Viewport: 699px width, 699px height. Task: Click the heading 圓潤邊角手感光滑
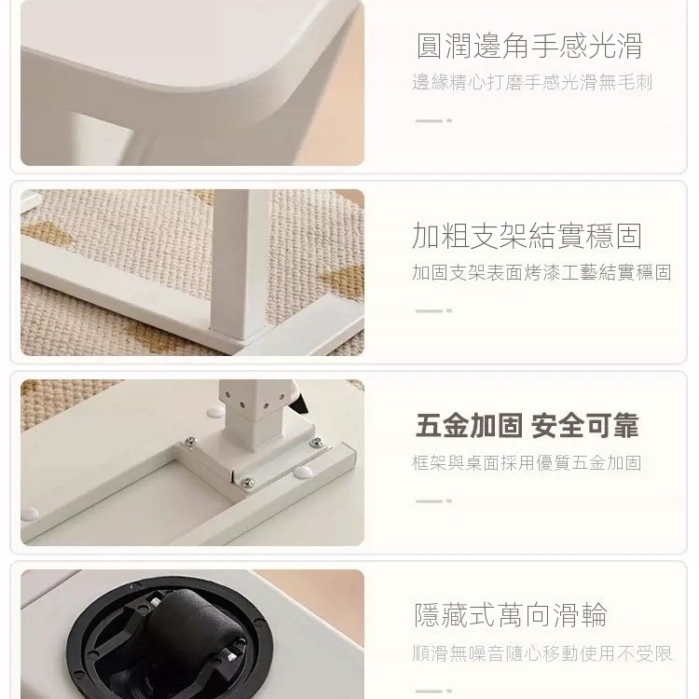point(529,46)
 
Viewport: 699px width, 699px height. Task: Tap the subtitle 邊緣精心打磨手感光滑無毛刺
point(532,83)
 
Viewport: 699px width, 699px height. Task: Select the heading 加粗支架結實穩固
point(527,236)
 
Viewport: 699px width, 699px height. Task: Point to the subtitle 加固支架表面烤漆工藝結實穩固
point(541,272)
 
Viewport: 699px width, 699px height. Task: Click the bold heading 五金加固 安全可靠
point(527,426)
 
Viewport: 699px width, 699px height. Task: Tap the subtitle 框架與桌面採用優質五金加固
point(527,462)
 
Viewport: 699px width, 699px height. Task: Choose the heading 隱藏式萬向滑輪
point(511,615)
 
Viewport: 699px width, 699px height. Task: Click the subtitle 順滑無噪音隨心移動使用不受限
point(542,653)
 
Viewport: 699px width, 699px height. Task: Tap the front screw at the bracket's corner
point(247,482)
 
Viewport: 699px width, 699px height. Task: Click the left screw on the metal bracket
point(191,441)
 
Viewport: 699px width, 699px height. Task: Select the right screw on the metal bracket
point(317,442)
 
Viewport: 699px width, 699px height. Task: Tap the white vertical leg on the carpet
point(239,263)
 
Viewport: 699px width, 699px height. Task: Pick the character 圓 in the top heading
point(430,46)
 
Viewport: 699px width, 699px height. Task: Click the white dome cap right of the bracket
point(303,472)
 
